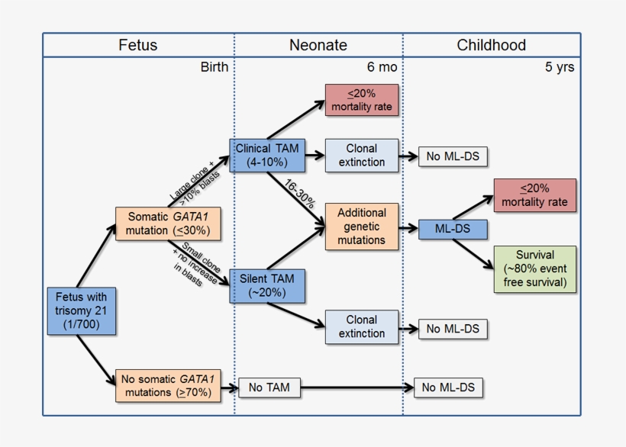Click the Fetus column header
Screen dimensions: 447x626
pyautogui.click(x=138, y=45)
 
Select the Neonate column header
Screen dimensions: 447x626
pyautogui.click(x=318, y=45)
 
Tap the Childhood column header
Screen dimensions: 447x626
pyautogui.click(x=491, y=45)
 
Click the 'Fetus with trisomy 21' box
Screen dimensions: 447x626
pyautogui.click(x=82, y=311)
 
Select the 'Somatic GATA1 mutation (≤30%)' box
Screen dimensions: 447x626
pyautogui.click(x=163, y=223)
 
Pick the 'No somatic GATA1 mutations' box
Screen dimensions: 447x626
pyautogui.click(x=163, y=386)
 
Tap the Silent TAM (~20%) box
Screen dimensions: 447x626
pyautogui.click(x=267, y=285)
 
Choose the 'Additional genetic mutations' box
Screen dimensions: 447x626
pyautogui.click(x=362, y=227)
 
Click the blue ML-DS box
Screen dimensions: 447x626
pyautogui.click(x=453, y=227)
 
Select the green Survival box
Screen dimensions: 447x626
pyautogui.click(x=534, y=269)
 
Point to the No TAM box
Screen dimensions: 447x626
pyautogui.click(x=269, y=388)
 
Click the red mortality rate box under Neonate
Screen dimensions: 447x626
pyautogui.click(x=362, y=100)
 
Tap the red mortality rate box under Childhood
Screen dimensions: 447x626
pyautogui.click(x=534, y=195)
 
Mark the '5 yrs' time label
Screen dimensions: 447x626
pyautogui.click(x=559, y=67)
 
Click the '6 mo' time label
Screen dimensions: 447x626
pyautogui.click(x=382, y=67)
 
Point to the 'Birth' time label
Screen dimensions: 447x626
pyautogui.click(x=214, y=67)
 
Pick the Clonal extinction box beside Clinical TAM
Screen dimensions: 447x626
pyautogui.click(x=362, y=156)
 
